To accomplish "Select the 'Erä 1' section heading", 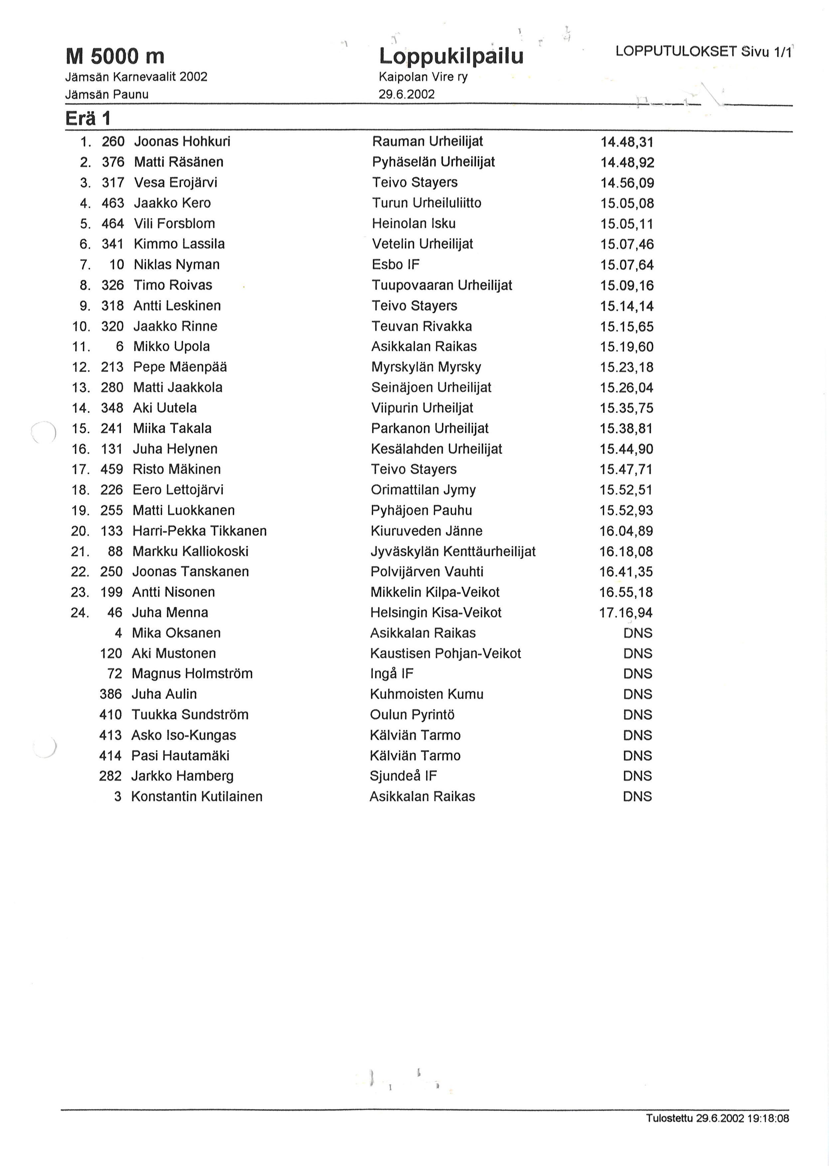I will pos(88,119).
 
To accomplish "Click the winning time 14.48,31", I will pos(627,142).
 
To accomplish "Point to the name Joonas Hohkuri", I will pos(182,141).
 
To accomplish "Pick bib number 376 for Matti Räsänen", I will pos(113,162).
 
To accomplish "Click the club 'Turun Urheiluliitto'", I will pos(426,203).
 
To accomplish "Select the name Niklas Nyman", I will pos(177,264).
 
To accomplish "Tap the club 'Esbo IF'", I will pos(396,264).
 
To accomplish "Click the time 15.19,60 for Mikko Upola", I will pos(626,347).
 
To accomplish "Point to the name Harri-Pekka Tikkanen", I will pos(200,531).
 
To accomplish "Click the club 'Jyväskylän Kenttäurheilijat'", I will pos(453,551).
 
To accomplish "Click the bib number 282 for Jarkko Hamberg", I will pos(110,776).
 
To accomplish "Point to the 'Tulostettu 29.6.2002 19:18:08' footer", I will pos(717,1118).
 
